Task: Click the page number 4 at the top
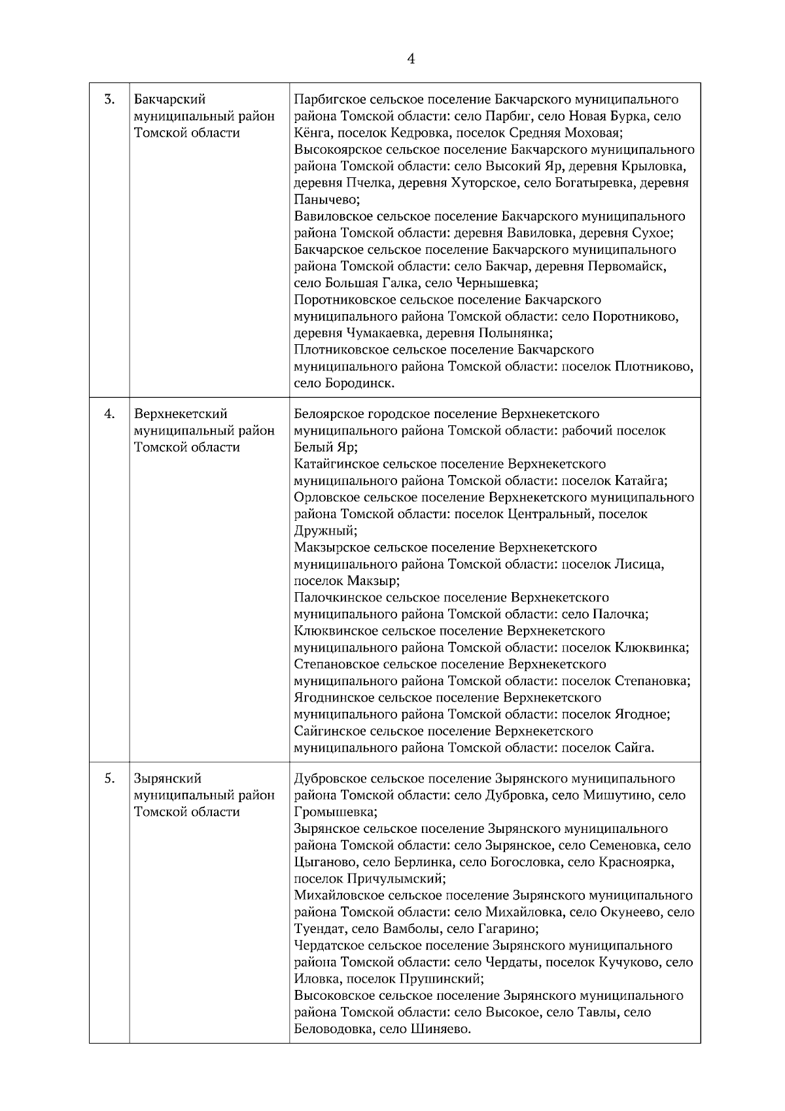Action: point(410,59)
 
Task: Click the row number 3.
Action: point(110,99)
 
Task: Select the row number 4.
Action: point(110,414)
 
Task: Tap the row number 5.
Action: point(110,779)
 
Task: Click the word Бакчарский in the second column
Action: point(169,99)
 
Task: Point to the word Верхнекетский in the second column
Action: point(180,414)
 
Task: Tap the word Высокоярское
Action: point(336,150)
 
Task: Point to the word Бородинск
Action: point(362,383)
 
